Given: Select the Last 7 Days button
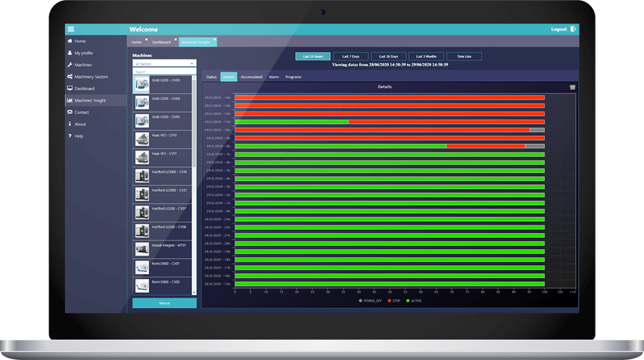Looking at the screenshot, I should coord(350,56).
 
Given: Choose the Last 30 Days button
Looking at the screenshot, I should coord(388,56).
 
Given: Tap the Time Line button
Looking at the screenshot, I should coord(464,56).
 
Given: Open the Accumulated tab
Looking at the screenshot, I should coord(251,77).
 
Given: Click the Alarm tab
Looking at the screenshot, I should coord(274,77).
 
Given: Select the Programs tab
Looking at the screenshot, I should coord(293,77).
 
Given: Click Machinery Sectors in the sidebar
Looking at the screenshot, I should coord(91,77).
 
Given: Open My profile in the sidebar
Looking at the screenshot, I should coord(83,53).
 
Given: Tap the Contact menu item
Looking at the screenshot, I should coord(81,112).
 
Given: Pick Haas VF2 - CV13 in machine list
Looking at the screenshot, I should coord(164,135).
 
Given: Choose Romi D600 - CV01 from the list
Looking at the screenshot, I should coord(164,263).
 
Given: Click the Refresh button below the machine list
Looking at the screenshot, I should coord(164,303).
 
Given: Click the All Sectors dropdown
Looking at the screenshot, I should coord(164,64).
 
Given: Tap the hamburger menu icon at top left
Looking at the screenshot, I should coord(71,29).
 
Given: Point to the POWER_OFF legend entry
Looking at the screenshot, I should coord(370,300).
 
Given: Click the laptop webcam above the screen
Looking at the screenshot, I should coord(322,12).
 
